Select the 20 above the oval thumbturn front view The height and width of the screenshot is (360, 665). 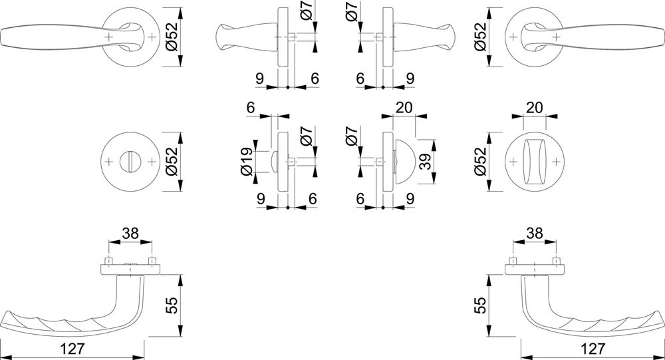(535, 108)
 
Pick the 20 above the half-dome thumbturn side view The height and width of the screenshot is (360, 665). (404, 108)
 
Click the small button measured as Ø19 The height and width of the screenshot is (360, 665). (273, 162)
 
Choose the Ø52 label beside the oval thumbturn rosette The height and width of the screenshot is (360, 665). (479, 162)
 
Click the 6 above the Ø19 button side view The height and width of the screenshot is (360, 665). (250, 108)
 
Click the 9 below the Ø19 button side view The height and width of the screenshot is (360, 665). (261, 199)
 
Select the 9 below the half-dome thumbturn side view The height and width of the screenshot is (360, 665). (410, 199)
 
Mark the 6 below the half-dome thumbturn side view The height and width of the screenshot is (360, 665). (360, 199)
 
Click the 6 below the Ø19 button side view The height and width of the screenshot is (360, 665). (313, 199)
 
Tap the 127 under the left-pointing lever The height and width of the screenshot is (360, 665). (72, 349)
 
